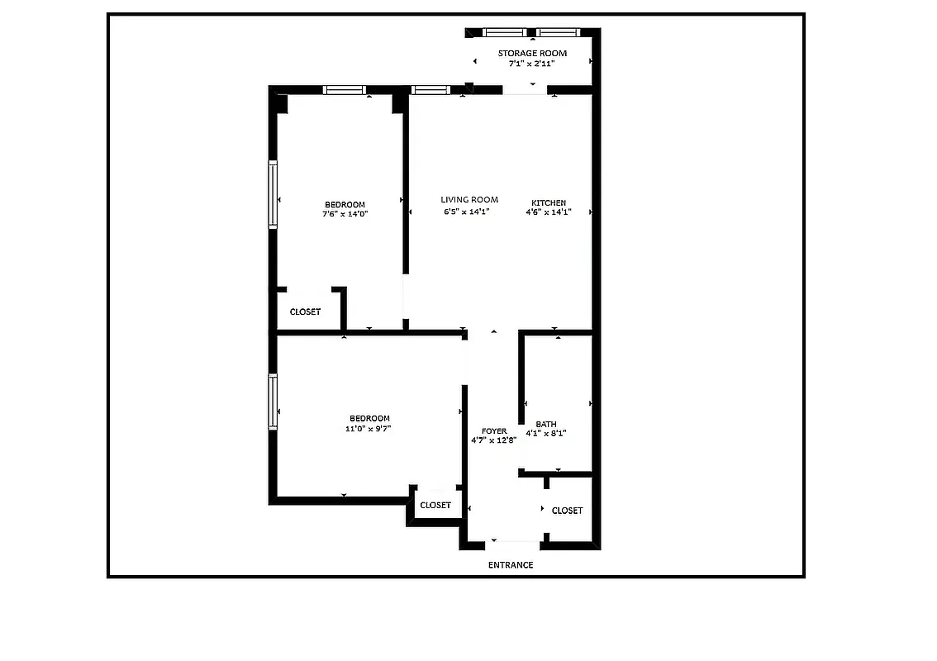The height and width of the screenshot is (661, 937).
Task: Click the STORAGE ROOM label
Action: point(532,53)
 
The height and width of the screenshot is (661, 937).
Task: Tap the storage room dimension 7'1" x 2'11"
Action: point(532,63)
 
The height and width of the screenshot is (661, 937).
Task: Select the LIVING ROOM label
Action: point(469,200)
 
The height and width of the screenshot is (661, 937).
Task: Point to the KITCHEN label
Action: point(549,202)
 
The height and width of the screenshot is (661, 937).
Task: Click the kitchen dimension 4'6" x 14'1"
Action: point(549,212)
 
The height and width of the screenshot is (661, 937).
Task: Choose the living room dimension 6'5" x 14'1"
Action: point(467,212)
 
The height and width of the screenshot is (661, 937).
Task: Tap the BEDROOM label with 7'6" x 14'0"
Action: point(345,204)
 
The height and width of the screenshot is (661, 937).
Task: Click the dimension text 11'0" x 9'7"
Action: point(369,429)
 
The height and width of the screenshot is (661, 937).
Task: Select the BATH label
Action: point(546,424)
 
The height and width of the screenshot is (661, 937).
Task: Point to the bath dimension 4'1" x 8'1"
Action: point(546,433)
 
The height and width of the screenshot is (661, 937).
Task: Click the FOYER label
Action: point(494,431)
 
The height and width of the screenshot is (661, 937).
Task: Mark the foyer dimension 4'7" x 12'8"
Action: point(494,440)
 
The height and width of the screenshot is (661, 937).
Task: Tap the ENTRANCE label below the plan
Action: point(510,565)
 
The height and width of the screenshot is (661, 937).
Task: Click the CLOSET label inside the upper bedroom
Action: point(305,311)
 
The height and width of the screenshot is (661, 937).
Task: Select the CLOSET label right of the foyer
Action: point(567,511)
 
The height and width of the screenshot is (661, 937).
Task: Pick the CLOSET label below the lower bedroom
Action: point(435,505)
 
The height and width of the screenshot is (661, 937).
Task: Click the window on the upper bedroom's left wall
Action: point(273,193)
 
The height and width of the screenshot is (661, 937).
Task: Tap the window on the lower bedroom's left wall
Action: point(273,402)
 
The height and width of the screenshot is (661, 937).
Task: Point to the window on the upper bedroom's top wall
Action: point(345,90)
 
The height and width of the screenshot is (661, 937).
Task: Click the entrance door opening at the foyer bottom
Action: point(514,544)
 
